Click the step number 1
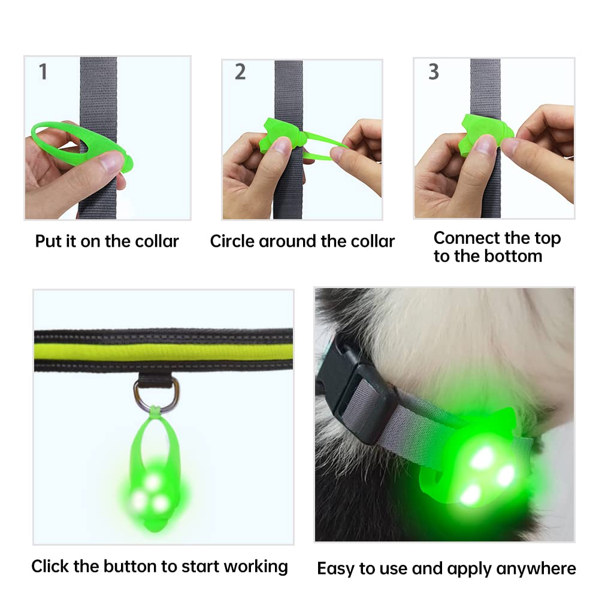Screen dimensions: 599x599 click(x=43, y=72)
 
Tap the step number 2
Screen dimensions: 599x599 click(x=240, y=72)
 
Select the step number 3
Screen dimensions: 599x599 click(x=434, y=72)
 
